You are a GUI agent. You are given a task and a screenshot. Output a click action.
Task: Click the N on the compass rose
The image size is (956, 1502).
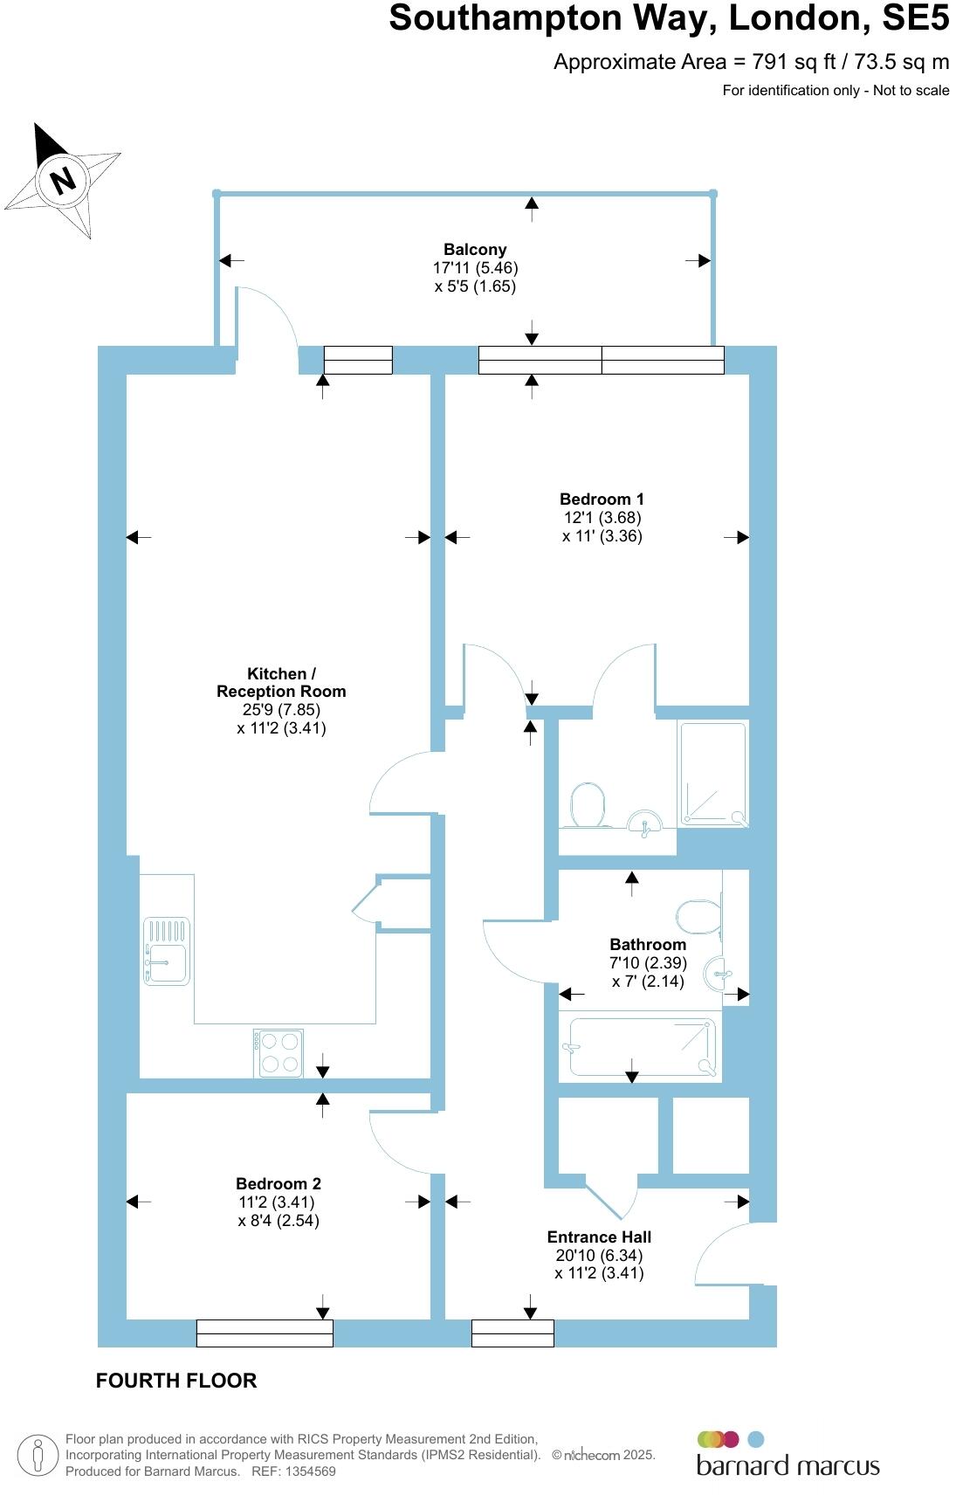63,181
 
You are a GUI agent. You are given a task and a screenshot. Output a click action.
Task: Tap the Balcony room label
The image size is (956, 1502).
475,250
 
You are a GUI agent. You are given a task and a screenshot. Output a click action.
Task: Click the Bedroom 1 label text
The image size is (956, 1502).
602,500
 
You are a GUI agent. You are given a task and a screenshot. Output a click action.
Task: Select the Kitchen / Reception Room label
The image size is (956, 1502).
281,682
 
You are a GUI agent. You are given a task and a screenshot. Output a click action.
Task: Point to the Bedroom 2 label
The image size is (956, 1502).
279,1184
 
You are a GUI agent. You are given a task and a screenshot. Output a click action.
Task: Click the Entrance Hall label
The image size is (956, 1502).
599,1237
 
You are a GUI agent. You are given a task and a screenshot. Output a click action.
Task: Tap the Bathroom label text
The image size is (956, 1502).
648,945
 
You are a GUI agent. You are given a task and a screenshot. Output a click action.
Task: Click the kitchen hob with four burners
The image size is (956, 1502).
279,1053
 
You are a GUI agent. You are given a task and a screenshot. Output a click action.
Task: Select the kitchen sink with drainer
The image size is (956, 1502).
167,952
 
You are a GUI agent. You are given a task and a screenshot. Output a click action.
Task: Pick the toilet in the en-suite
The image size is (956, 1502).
588,804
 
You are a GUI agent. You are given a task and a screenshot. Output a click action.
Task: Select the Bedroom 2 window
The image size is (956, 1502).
265,1333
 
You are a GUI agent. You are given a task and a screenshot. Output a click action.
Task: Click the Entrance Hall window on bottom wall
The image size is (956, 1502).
512,1333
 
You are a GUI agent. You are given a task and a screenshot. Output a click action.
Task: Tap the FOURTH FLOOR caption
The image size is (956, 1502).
176,1381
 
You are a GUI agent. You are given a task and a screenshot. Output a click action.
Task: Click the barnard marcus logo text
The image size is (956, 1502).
787,1465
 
